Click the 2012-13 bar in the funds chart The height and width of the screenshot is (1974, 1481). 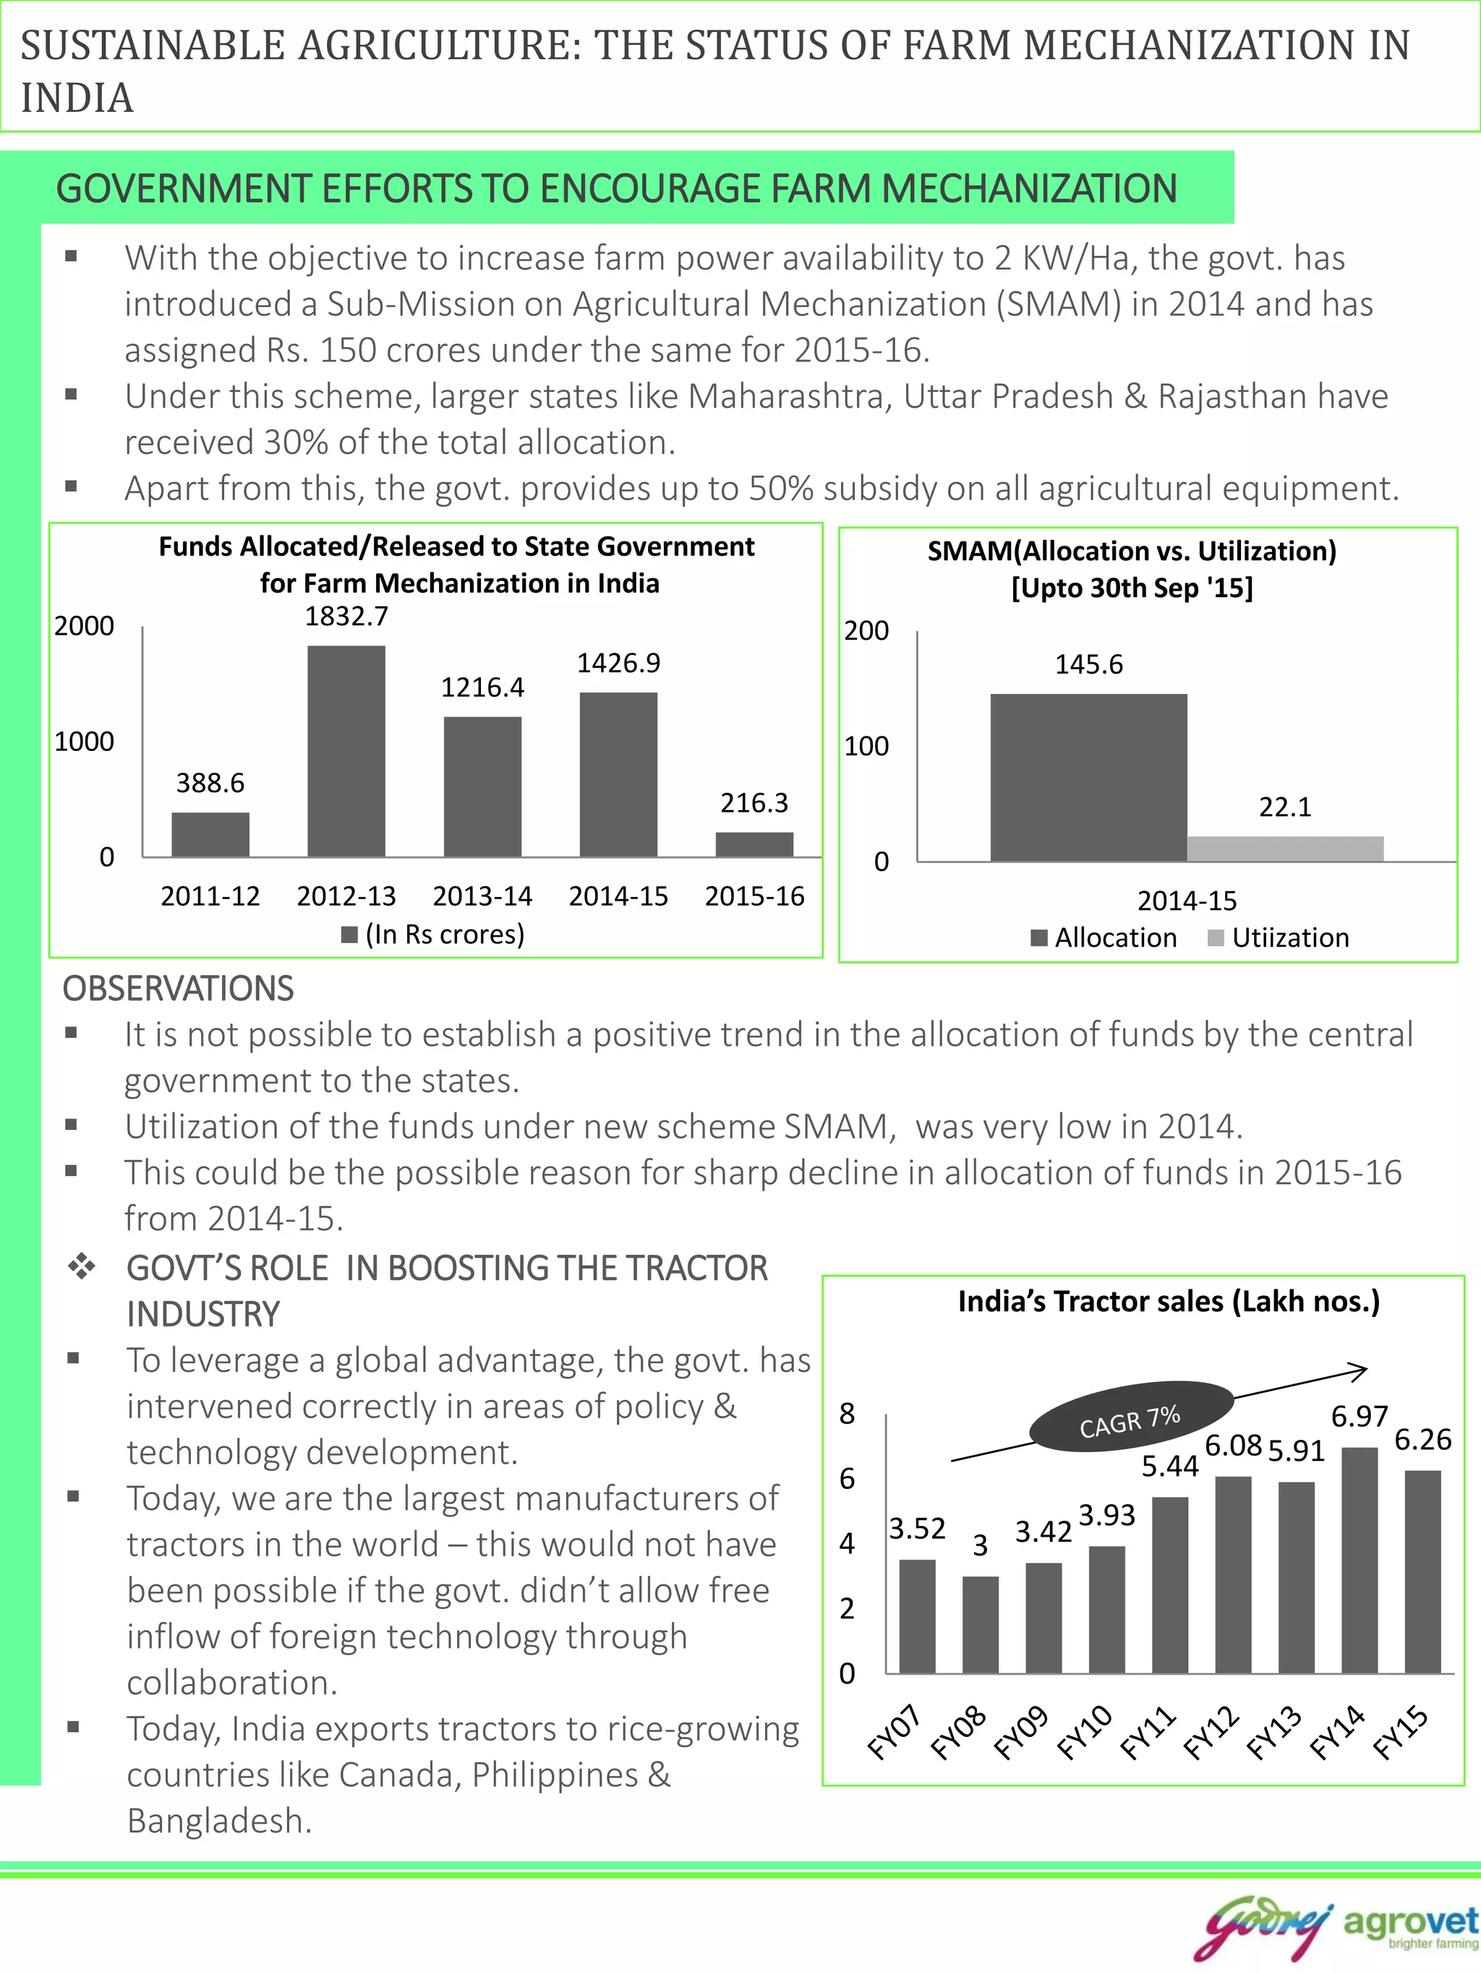[346, 752]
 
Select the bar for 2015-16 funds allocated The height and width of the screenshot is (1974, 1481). [754, 844]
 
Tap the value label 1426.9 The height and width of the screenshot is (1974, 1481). [618, 663]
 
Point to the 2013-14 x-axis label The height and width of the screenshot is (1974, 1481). [482, 896]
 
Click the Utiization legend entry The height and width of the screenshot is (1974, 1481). [1279, 938]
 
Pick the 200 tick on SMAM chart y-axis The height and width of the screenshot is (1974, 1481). [866, 631]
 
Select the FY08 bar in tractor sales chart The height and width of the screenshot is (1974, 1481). [980, 1625]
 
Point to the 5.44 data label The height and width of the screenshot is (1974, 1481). [1169, 1466]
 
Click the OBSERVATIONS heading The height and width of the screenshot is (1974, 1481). [178, 989]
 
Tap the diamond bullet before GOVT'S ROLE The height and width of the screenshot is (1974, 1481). [82, 1267]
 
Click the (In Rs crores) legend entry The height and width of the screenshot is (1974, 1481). [435, 935]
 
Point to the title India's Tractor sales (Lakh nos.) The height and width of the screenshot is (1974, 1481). [1169, 1302]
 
